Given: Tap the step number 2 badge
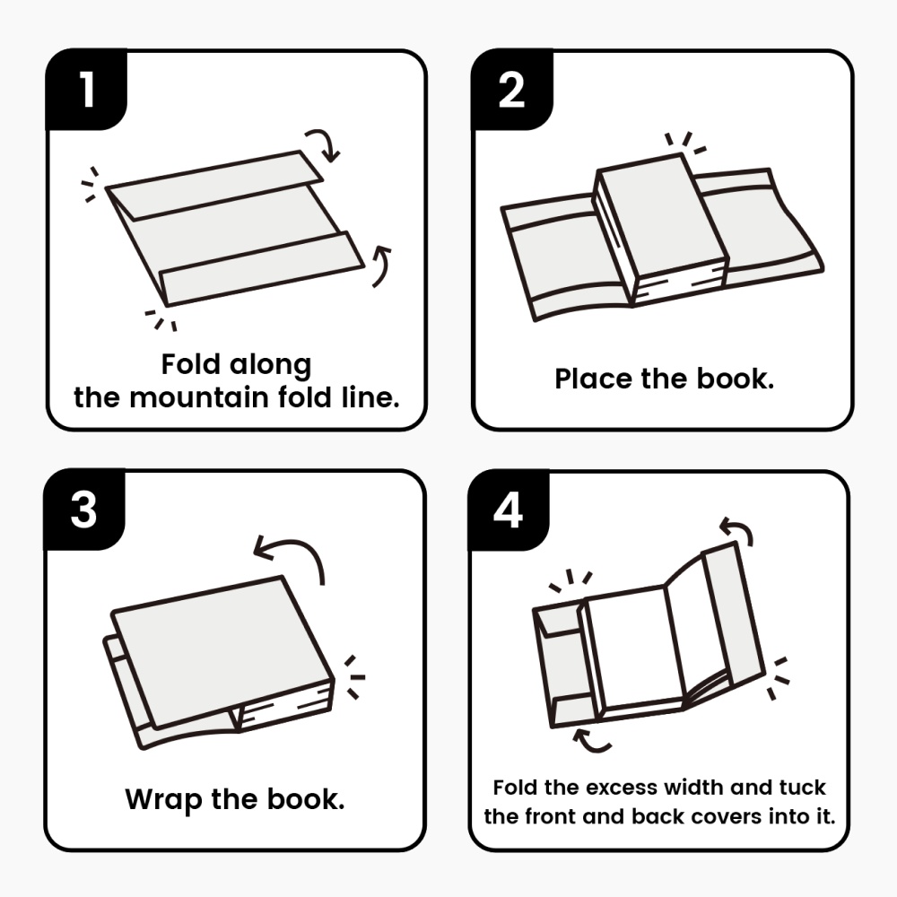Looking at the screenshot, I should tap(511, 90).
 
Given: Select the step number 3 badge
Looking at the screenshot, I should tap(84, 510).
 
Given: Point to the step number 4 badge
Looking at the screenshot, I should tap(508, 510).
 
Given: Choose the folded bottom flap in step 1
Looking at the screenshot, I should tap(260, 268).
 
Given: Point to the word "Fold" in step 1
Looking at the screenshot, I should tap(190, 365).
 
